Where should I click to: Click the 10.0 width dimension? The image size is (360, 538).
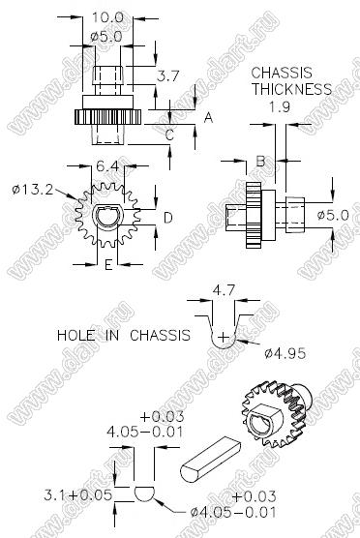107,17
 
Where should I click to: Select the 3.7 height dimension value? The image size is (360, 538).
168,75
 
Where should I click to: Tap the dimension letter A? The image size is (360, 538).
208,118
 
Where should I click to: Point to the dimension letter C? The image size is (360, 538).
170,135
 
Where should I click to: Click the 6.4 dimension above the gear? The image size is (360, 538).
107,166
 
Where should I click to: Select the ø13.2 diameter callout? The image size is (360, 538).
33,189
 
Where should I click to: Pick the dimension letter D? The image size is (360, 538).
168,218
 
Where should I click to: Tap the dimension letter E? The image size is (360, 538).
108,264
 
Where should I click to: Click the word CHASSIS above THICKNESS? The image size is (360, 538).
282,74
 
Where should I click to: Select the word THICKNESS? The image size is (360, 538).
291,89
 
